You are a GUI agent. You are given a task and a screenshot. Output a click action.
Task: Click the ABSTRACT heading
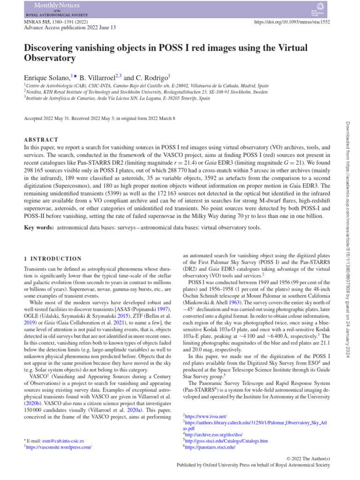[x=41, y=140]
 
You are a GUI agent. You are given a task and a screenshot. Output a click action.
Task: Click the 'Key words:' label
[x=38, y=227]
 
